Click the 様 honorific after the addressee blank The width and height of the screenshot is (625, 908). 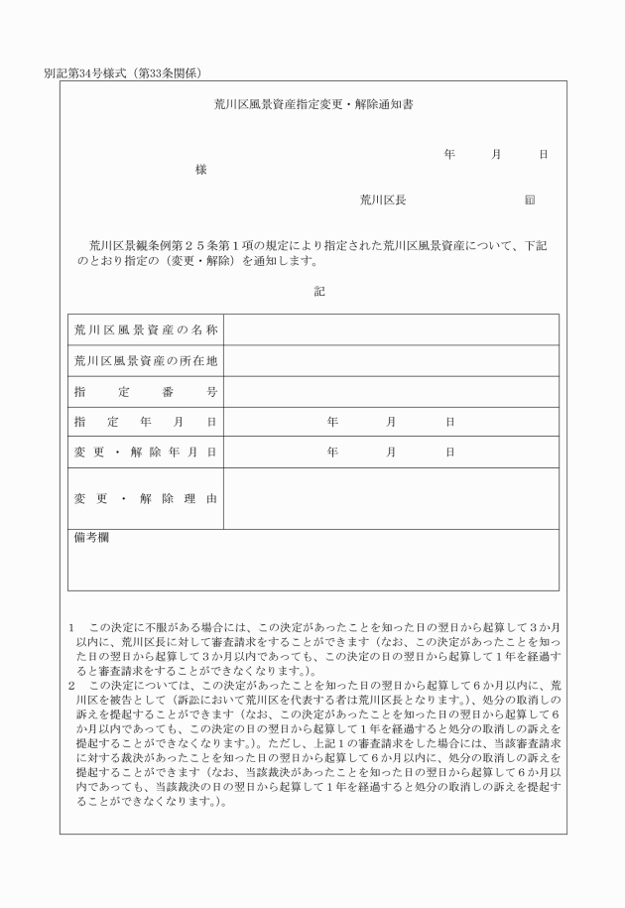click(x=201, y=170)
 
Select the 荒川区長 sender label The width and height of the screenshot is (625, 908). click(x=382, y=200)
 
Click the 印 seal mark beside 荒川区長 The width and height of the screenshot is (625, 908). click(x=530, y=200)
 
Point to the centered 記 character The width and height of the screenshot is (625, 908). click(x=318, y=292)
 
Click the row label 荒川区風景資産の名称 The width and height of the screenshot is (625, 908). click(x=146, y=329)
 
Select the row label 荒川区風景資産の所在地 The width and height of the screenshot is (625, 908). click(x=146, y=360)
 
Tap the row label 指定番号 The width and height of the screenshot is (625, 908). click(x=146, y=392)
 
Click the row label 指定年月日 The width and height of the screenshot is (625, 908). click(x=146, y=422)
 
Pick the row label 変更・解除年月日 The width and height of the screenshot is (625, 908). click(x=146, y=453)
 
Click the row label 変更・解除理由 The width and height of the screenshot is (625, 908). click(x=146, y=498)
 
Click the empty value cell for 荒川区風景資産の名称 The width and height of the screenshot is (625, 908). click(x=392, y=329)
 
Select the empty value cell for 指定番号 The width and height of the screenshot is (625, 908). click(x=392, y=392)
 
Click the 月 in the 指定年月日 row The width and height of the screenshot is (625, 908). click(x=392, y=422)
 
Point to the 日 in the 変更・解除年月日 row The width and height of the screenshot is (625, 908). click(x=450, y=453)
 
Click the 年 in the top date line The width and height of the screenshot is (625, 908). click(x=449, y=155)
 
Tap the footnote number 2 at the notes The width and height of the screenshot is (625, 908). click(x=72, y=685)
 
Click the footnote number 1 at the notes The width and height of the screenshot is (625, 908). click(x=72, y=629)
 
